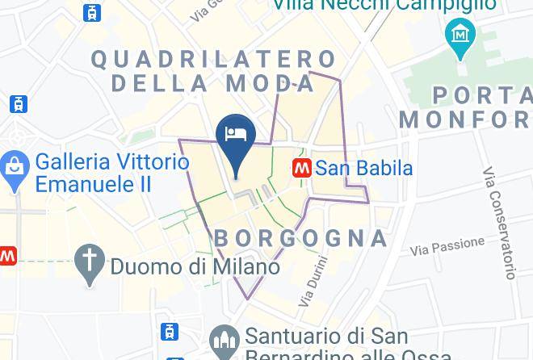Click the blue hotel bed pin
coord(236,135)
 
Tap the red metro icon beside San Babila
coord(302,168)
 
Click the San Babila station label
coord(363,169)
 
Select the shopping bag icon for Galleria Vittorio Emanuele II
coord(14,171)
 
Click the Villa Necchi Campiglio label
coord(383,6)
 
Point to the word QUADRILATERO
coord(213,59)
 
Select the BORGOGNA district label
coord(300,238)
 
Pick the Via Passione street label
coord(447,245)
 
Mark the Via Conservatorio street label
coord(499,223)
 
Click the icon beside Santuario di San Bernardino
coord(224,338)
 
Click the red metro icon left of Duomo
coord(6,256)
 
